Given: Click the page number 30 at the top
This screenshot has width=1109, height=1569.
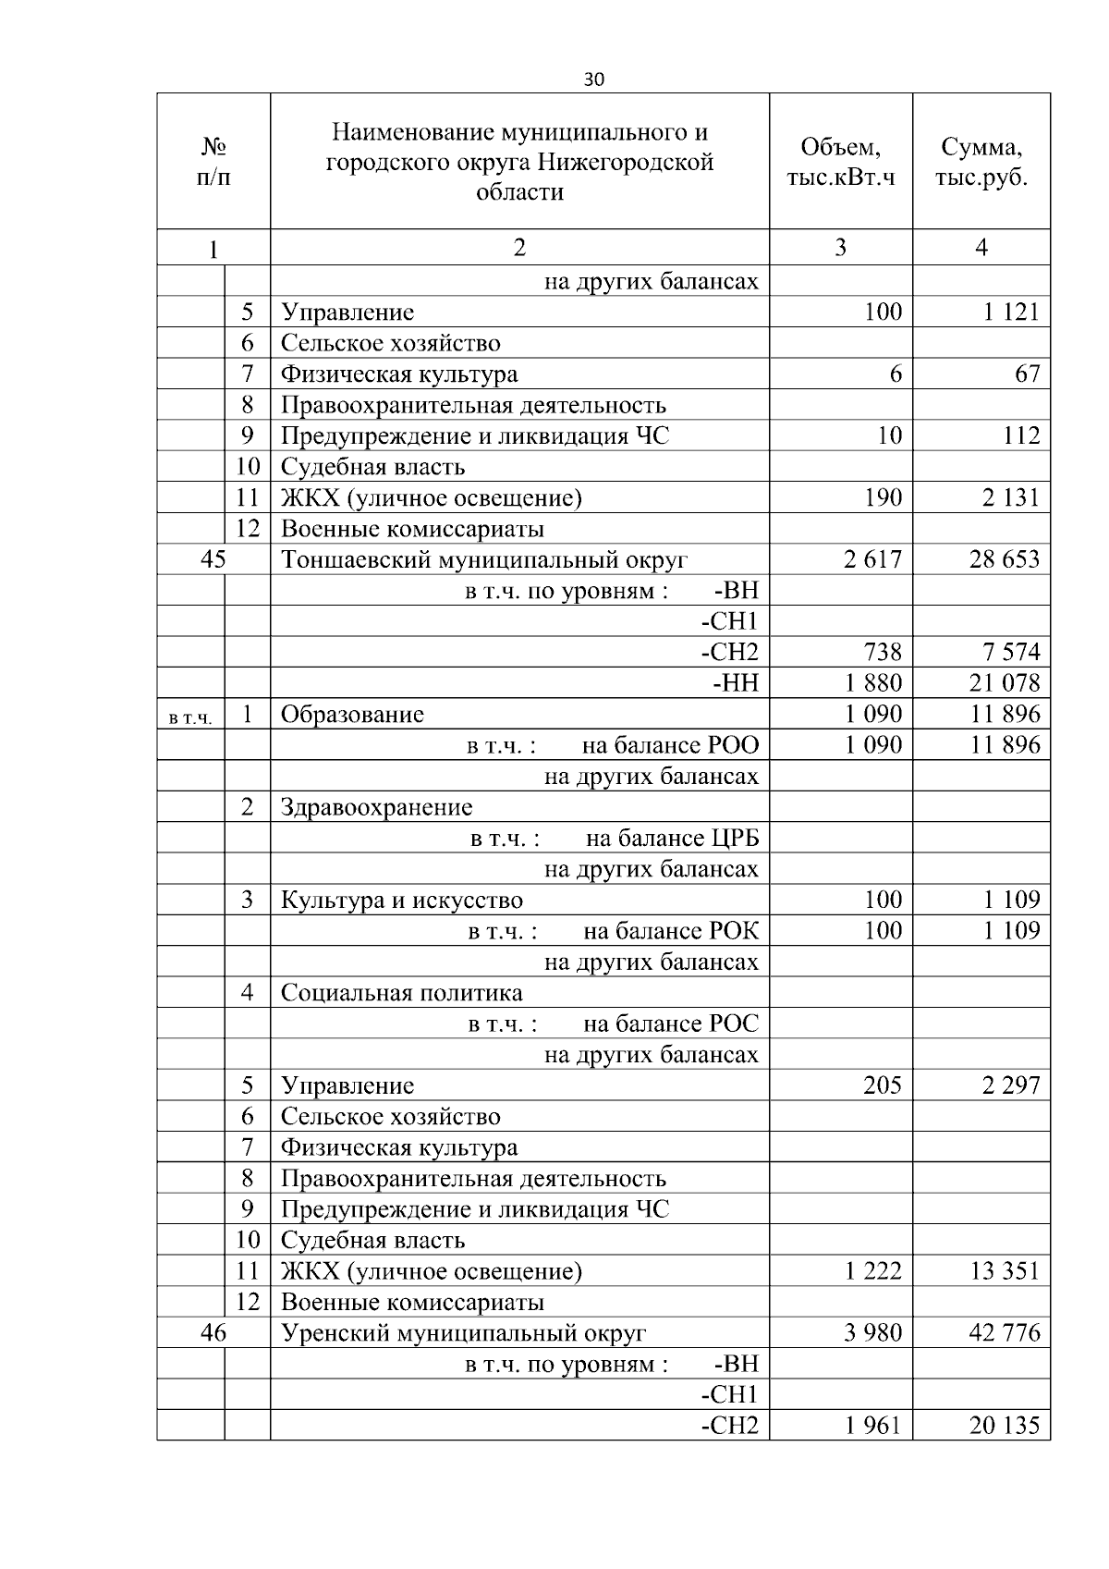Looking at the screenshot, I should [x=594, y=80].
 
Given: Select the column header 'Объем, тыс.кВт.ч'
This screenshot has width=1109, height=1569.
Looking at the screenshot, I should [x=840, y=162].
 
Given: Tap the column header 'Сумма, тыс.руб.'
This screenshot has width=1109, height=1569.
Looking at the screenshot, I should [x=981, y=162].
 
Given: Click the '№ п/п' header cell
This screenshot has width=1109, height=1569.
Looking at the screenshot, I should [x=213, y=162].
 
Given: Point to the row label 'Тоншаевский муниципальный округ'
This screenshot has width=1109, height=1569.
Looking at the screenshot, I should [x=484, y=559].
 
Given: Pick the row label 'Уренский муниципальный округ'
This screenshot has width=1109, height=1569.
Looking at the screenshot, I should [x=463, y=1333].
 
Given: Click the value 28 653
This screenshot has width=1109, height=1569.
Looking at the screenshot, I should [x=1004, y=559].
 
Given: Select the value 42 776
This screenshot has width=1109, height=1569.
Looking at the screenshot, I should [x=1004, y=1333].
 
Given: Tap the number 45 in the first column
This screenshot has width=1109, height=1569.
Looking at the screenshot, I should [x=213, y=559].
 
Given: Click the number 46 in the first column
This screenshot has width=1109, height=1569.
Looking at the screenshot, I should [x=213, y=1333].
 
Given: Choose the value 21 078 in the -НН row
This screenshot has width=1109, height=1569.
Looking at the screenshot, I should [x=1004, y=683].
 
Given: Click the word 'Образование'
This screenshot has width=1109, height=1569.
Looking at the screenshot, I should [x=352, y=715].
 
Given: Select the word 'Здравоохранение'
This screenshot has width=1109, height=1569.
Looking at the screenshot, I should [x=376, y=807].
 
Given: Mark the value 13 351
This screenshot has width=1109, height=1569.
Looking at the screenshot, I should [x=1004, y=1271].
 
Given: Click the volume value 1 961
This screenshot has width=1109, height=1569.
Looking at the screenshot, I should [x=872, y=1426].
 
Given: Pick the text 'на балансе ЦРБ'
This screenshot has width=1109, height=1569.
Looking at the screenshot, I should [x=672, y=839].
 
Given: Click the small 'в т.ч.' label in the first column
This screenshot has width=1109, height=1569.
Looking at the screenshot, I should [x=191, y=717].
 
